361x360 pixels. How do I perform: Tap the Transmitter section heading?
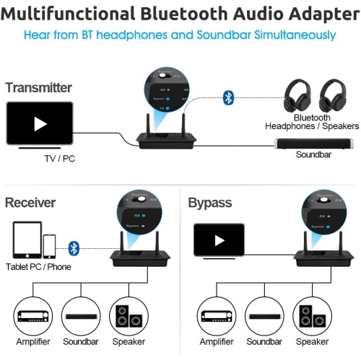coord(38,88)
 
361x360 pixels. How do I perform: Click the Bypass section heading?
coord(210,203)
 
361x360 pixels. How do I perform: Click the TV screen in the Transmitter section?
coord(40,123)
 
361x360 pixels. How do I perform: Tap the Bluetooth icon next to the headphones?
coord(228,98)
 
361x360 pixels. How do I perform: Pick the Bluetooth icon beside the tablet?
coord(73,248)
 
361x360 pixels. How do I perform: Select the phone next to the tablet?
coord(49,246)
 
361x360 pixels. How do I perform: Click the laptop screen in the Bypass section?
coord(219,240)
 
